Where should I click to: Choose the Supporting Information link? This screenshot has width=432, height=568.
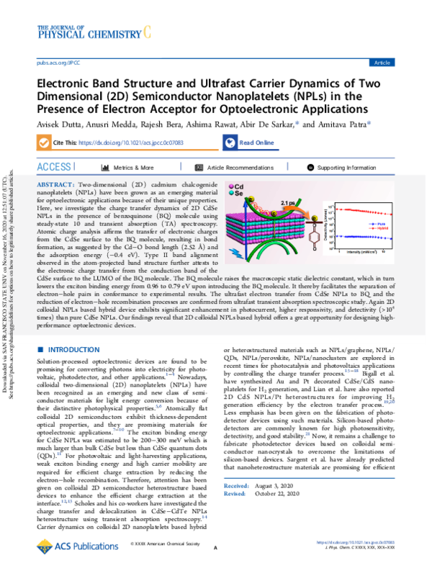[x=346, y=168]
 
